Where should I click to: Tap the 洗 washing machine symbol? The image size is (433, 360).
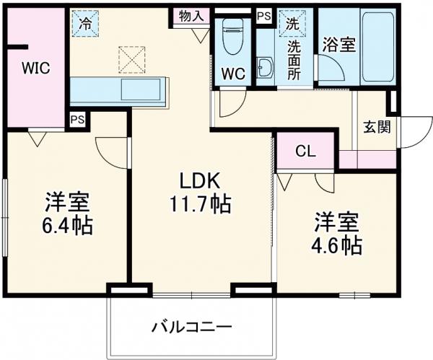coord(293,22)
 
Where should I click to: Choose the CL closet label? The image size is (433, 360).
coord(306,152)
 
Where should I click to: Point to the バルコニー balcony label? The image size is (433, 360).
coord(191,325)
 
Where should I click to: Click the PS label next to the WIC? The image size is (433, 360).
coord(76,120)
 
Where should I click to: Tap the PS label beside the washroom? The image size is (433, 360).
coord(263,14)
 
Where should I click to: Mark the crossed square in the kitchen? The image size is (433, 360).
coord(131,60)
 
